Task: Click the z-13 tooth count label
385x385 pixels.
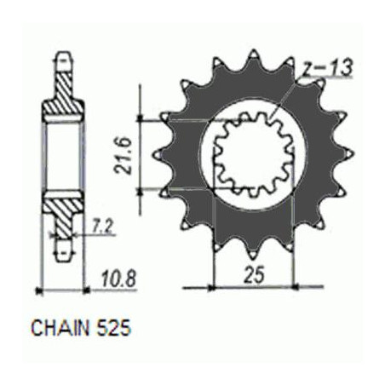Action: [x=327, y=68]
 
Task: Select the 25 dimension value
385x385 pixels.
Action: [x=255, y=274]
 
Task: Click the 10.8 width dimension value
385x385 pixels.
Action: [x=119, y=279]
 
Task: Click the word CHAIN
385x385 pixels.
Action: [x=60, y=328]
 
